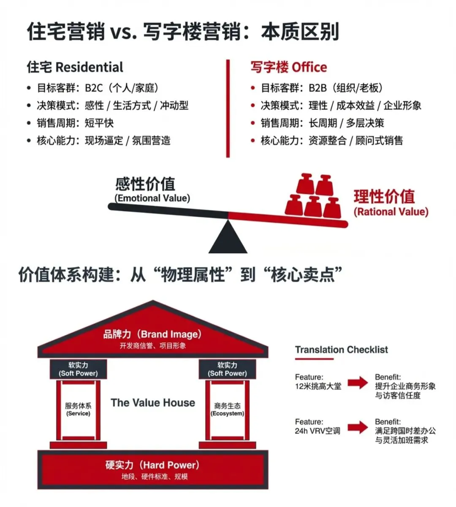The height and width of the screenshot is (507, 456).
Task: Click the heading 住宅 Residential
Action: (x=75, y=67)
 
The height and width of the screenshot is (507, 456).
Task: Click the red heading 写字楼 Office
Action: (x=288, y=67)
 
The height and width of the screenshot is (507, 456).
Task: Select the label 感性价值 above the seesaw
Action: (x=145, y=184)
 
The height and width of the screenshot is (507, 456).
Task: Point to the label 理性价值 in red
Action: (x=384, y=197)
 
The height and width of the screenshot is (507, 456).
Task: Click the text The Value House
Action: (x=153, y=403)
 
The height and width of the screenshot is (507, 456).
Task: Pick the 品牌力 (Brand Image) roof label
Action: (x=152, y=334)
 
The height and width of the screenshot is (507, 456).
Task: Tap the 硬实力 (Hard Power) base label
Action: (x=152, y=465)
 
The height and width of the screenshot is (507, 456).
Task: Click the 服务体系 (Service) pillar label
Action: (x=78, y=409)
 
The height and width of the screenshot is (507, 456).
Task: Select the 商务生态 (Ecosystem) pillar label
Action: (x=227, y=409)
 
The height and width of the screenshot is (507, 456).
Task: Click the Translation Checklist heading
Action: (x=341, y=350)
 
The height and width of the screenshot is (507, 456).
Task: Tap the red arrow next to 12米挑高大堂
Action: (x=358, y=382)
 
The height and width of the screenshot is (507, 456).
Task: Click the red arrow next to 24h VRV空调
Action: (x=358, y=427)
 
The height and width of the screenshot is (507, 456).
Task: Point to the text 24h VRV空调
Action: (x=318, y=431)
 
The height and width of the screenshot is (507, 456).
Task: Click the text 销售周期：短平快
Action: (x=75, y=123)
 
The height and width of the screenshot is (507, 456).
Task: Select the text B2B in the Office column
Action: (x=318, y=88)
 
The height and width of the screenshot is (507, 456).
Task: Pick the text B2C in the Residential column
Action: (x=94, y=88)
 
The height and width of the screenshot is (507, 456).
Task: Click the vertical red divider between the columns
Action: (x=228, y=108)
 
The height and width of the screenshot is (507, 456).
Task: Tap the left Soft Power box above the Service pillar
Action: (x=78, y=369)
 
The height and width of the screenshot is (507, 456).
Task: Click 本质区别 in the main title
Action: (x=300, y=32)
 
